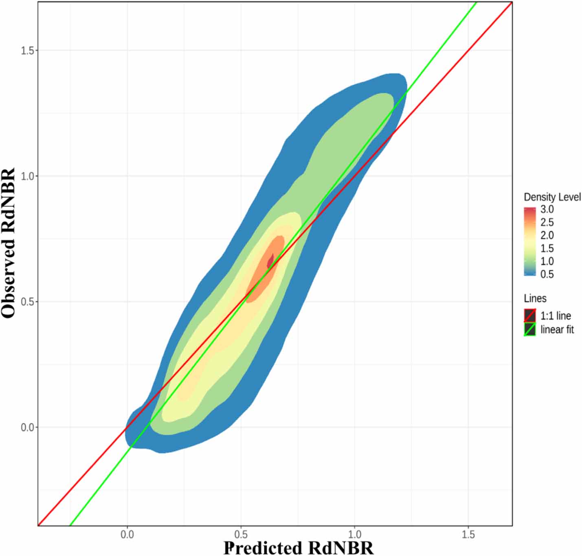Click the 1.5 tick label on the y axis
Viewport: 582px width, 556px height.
pos(28,51)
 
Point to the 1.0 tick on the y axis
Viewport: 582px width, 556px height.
pos(28,176)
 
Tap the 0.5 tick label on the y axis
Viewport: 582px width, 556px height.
pos(28,302)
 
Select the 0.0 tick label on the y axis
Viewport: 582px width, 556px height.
pos(28,427)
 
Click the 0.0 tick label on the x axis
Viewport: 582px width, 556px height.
pos(127,534)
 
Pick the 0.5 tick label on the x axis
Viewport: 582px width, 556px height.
pos(241,534)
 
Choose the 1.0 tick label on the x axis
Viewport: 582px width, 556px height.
pos(354,534)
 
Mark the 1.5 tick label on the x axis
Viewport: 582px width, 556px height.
pos(468,534)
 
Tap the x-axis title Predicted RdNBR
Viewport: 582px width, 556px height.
pos(298,548)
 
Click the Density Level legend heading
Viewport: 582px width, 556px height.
pos(552,197)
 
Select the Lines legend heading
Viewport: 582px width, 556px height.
pos(535,298)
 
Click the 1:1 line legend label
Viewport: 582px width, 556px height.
pos(556,316)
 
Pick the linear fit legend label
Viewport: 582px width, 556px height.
pos(557,329)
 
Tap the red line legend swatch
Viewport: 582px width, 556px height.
pos(529,316)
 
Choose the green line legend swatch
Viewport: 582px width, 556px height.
pos(529,329)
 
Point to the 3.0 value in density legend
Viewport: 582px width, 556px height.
pos(547,210)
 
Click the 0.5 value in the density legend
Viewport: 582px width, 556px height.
pos(547,274)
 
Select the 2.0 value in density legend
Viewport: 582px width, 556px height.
pos(547,235)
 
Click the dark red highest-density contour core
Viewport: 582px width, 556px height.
pos(270,261)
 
